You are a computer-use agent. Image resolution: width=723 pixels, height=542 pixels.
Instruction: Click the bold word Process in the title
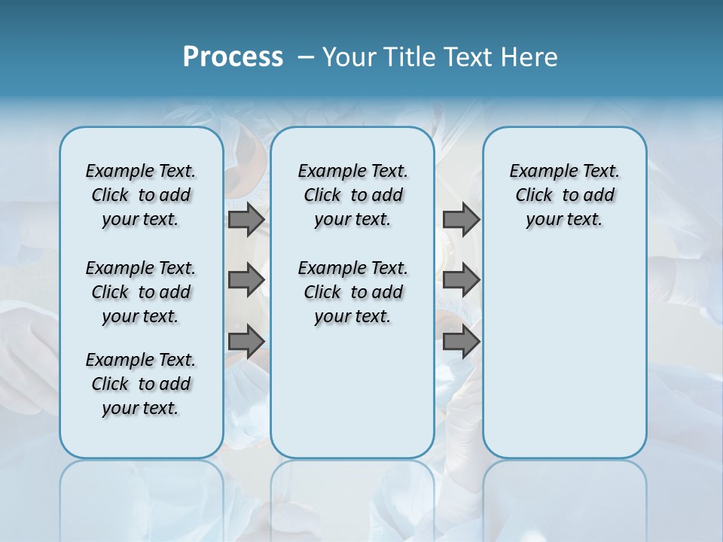point(233,57)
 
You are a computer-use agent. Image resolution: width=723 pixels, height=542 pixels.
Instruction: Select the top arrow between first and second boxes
point(246,220)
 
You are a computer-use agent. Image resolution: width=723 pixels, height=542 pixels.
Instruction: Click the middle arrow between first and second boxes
point(246,281)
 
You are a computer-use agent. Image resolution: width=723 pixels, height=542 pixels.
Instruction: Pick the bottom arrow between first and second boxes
point(246,342)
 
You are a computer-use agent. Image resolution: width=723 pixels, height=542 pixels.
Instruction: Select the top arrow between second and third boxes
point(461,220)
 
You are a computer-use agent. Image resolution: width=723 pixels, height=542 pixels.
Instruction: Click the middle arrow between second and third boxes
point(461,281)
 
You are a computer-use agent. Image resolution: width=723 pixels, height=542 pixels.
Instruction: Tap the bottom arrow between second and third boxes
point(461,342)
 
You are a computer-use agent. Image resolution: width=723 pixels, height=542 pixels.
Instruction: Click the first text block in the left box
point(141,195)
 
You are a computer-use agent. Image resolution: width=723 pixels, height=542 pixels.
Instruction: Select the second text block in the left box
point(141,292)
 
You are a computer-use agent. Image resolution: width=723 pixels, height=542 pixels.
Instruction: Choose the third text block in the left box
point(141,384)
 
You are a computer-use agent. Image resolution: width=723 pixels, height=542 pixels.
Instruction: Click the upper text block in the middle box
point(352,195)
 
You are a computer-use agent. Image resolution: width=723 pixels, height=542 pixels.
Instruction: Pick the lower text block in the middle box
point(352,292)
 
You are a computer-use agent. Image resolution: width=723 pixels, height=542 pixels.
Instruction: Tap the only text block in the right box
point(564,195)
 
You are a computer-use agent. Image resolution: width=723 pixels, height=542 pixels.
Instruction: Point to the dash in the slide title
point(306,57)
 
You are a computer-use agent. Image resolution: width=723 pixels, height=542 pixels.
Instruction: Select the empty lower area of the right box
point(564,354)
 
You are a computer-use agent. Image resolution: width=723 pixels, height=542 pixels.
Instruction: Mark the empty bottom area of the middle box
point(352,399)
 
